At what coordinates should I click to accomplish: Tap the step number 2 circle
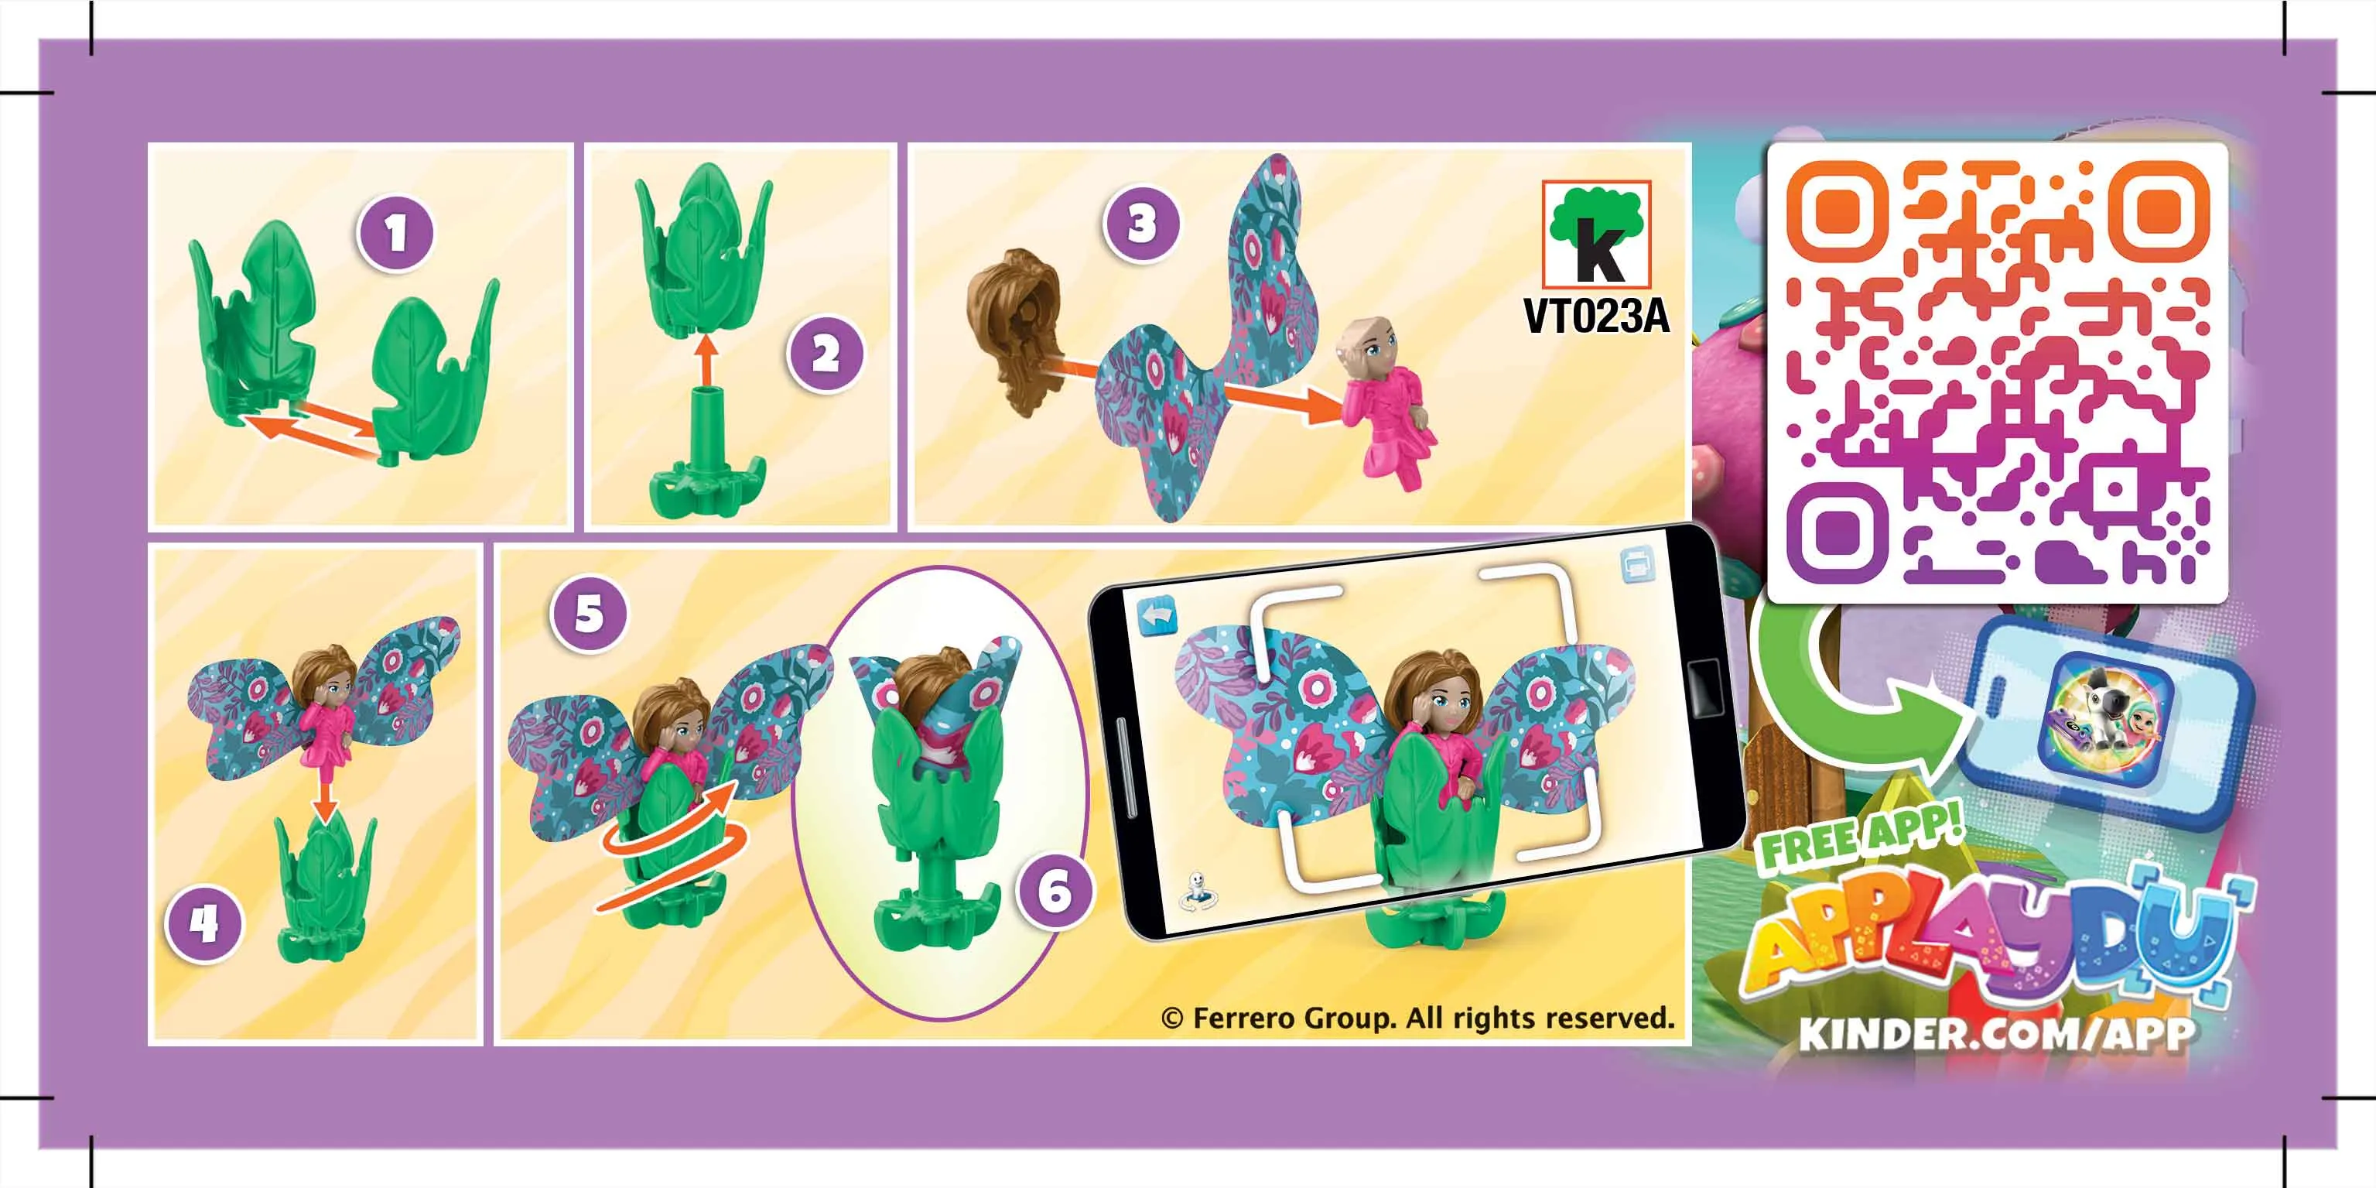tap(826, 354)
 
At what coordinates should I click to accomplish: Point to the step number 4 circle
tap(203, 923)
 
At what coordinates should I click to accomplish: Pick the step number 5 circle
tap(589, 615)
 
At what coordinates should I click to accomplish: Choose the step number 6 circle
tap(1055, 891)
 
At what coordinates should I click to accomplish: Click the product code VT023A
tap(1595, 317)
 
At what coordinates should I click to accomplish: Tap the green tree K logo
tap(1595, 235)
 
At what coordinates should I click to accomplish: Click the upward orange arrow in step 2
tap(706, 361)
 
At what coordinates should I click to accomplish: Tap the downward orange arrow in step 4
tap(322, 799)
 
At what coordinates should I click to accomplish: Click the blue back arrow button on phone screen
tap(1157, 615)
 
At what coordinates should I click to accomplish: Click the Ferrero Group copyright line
tap(1417, 1019)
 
